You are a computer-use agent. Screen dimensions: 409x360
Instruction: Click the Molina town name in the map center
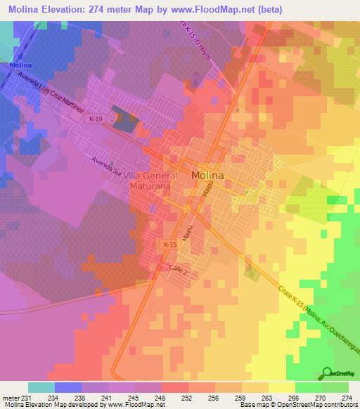(208, 176)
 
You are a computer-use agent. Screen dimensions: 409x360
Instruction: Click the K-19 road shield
(96, 119)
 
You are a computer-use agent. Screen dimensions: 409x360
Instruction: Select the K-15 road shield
(169, 244)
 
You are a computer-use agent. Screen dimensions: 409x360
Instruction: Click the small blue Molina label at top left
(19, 65)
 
